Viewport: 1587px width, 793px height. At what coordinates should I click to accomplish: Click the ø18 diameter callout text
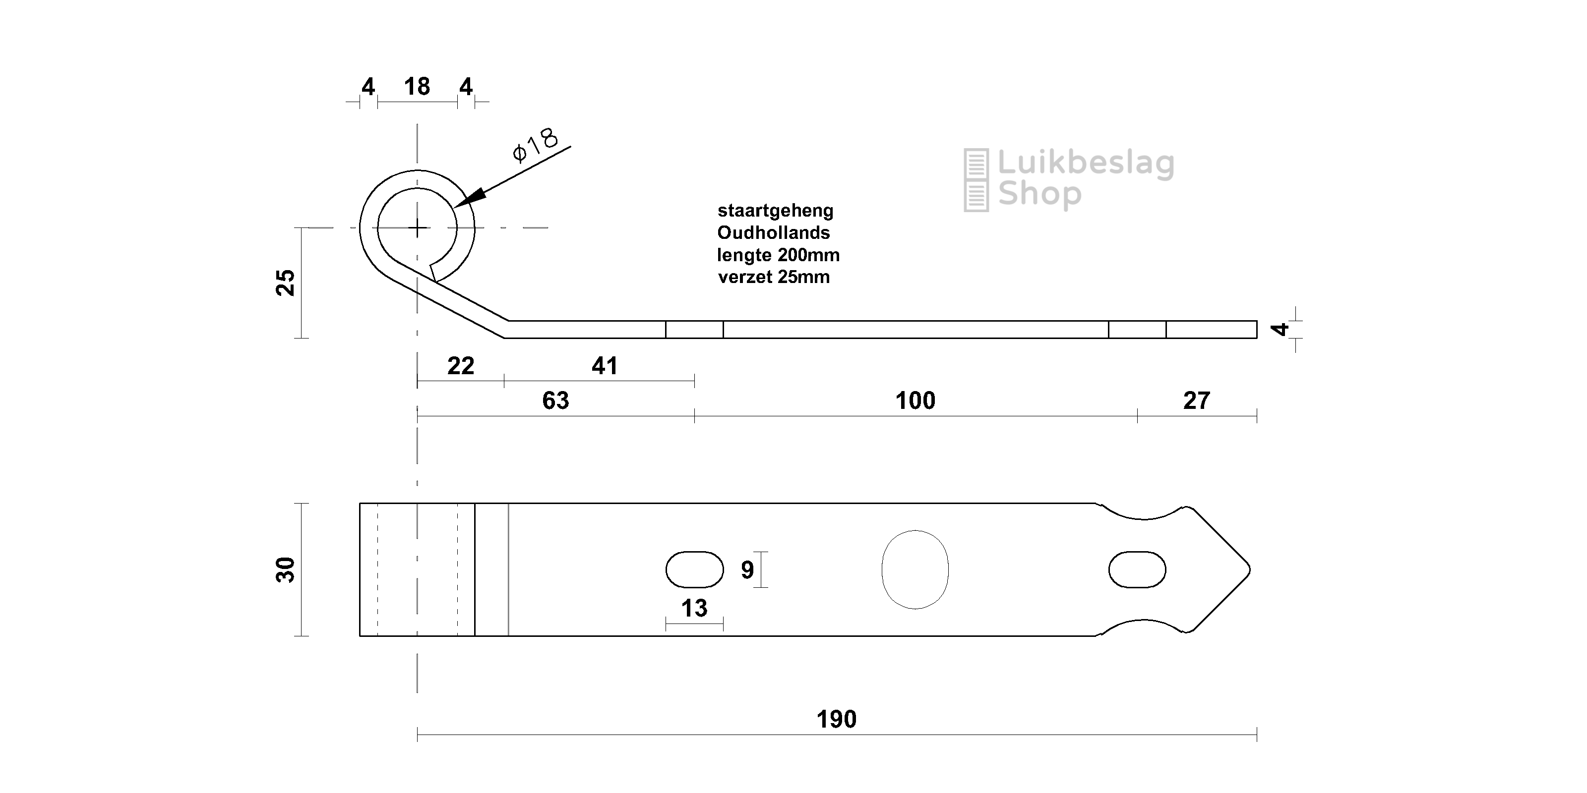click(535, 145)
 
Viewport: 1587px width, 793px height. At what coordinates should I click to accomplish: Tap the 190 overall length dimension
click(836, 719)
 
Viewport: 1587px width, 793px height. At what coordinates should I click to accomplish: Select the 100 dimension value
click(915, 401)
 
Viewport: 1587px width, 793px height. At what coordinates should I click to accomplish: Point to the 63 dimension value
click(555, 401)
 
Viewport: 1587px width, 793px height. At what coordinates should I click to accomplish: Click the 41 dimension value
click(605, 366)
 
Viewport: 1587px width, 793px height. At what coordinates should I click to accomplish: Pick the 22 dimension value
click(461, 366)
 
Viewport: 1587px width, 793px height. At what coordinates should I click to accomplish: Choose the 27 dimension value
click(1196, 401)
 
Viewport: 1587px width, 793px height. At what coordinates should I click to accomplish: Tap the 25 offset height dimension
click(286, 283)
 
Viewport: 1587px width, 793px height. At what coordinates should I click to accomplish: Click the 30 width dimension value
click(286, 569)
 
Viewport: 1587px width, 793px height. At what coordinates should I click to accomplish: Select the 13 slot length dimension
click(694, 608)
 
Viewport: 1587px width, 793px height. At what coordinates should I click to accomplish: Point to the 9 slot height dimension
click(747, 570)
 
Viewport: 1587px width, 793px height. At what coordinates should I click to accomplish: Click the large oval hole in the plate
click(915, 569)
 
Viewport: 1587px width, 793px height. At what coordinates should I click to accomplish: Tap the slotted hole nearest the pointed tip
click(1137, 569)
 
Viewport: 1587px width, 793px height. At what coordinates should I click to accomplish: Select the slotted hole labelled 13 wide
click(694, 569)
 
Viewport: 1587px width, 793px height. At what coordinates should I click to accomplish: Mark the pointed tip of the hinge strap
click(1248, 569)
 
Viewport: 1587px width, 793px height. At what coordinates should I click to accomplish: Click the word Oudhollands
click(773, 233)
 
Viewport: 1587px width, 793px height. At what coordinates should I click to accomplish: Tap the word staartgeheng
click(775, 211)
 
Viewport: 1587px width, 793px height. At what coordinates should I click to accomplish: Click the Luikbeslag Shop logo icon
click(976, 180)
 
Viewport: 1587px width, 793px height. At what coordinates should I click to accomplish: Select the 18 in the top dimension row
click(417, 87)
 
